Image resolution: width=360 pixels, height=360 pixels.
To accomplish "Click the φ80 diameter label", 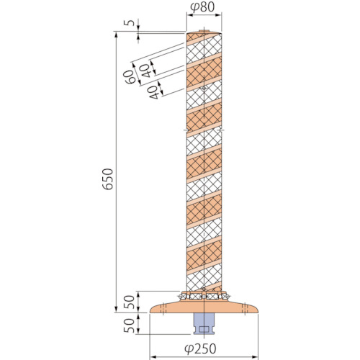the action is click(x=202, y=7).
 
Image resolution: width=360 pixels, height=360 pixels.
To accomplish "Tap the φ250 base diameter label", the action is click(x=200, y=348).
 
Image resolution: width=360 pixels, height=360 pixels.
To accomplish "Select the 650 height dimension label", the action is click(x=107, y=179).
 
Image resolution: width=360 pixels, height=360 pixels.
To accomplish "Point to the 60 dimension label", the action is click(x=130, y=77).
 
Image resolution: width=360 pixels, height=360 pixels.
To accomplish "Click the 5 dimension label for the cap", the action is click(x=130, y=23).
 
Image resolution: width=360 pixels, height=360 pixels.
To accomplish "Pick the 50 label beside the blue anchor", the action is click(x=129, y=325).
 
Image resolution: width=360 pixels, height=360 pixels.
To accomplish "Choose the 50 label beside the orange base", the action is click(x=129, y=302).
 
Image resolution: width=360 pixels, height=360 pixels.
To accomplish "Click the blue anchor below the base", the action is click(x=204, y=323).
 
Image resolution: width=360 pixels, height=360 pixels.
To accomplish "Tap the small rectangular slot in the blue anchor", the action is click(x=204, y=329).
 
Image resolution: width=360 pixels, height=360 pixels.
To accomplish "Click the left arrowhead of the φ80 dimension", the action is click(x=189, y=15).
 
